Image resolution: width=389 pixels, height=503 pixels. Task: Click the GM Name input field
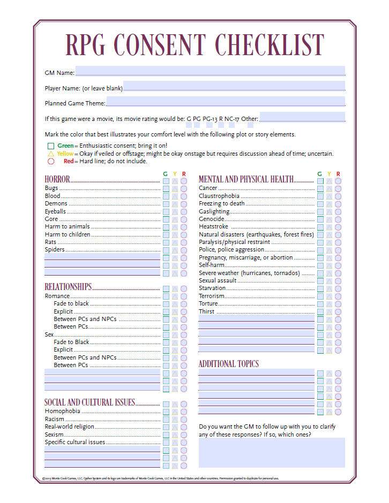tap(210, 71)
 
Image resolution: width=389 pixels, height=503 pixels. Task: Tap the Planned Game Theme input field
tap(225, 102)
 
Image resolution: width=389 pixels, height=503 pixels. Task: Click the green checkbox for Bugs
tap(166, 188)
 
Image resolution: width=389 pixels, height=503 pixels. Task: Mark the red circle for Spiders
tap(184, 250)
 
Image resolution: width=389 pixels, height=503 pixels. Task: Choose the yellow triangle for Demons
tap(175, 204)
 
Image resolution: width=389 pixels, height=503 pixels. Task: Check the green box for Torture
tap(320, 304)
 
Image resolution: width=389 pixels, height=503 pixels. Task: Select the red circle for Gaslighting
tap(338, 212)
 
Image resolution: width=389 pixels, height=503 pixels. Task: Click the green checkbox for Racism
tap(166, 420)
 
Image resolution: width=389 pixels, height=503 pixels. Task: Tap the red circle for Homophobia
tap(184, 411)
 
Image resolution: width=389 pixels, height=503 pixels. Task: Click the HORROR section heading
tap(57, 179)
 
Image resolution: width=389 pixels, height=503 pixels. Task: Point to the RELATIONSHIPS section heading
tap(68, 287)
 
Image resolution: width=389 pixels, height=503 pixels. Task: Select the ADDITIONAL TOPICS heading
tap(229, 364)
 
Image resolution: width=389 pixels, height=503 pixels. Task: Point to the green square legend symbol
tap(51, 146)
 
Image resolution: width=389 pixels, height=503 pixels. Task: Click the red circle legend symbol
tap(51, 161)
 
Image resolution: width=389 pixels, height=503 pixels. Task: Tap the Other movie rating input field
tap(302, 118)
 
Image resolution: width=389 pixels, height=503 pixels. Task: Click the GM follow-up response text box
tap(272, 453)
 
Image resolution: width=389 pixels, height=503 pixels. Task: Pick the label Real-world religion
tap(70, 427)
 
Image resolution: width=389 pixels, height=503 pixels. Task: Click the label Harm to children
tap(68, 234)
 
